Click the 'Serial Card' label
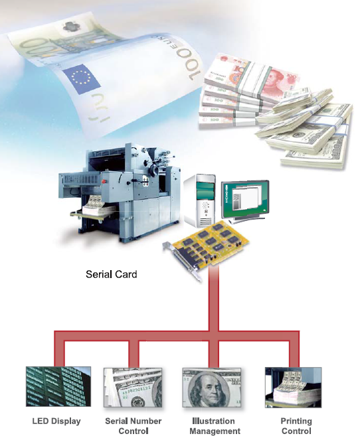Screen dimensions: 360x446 pyautogui.click(x=112, y=274)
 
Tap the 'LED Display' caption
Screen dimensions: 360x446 pyautogui.click(x=56, y=421)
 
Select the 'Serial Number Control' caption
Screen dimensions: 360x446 pyautogui.click(x=134, y=426)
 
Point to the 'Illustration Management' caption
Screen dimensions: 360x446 pyautogui.click(x=215, y=426)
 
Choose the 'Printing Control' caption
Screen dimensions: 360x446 pyautogui.click(x=296, y=426)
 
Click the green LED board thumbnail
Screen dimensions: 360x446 pyautogui.click(x=58, y=386)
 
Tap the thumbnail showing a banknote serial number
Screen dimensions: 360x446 pyautogui.click(x=133, y=388)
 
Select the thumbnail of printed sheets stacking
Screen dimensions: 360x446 pyautogui.click(x=293, y=388)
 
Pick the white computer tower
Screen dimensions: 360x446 pyautogui.click(x=199, y=200)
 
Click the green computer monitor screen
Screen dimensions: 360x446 pyautogui.click(x=245, y=198)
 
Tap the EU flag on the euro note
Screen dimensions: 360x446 pyautogui.click(x=81, y=78)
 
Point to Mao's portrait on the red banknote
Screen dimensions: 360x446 pyautogui.click(x=274, y=78)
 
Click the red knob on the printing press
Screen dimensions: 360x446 pyautogui.click(x=104, y=181)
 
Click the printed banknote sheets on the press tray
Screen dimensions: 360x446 pyautogui.click(x=96, y=203)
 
